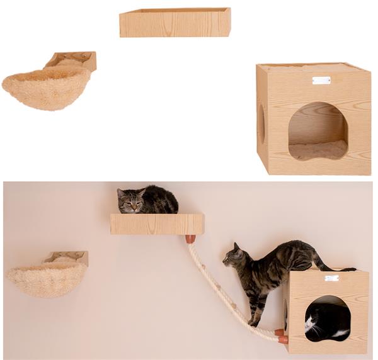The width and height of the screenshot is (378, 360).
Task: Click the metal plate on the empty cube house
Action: point(321,80)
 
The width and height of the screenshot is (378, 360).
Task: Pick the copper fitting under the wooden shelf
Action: point(190,239)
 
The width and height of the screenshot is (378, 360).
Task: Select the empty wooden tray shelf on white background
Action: point(175,23)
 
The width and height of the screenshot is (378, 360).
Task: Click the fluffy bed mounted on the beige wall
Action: point(47,279)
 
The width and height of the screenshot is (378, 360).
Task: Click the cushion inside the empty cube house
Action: point(318,150)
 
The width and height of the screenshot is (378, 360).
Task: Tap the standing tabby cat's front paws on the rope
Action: point(253,322)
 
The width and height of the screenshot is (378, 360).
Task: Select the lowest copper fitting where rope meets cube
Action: point(283,339)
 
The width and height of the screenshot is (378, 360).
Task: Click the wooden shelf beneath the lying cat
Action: point(157,224)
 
